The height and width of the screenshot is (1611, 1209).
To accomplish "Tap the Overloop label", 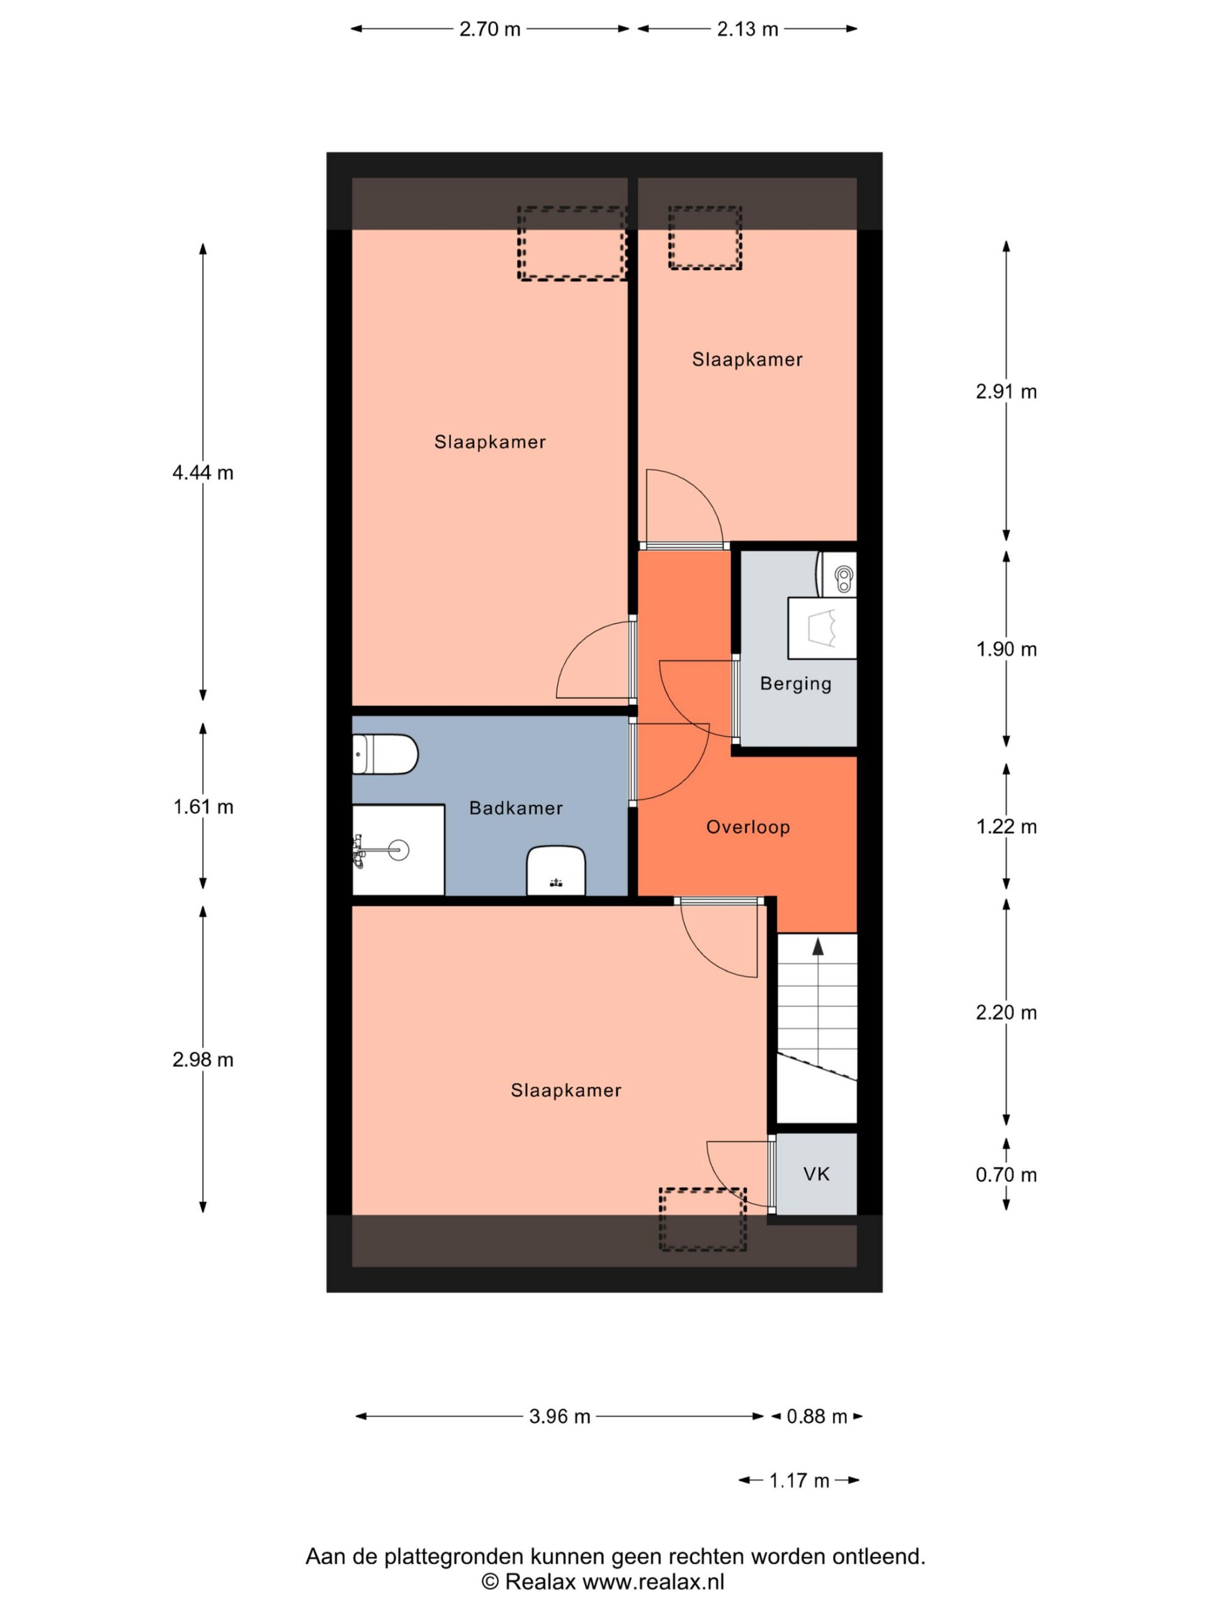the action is point(747,827).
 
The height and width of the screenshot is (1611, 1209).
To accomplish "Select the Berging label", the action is point(796,684).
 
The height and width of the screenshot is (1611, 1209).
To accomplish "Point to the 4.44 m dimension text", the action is point(203,473).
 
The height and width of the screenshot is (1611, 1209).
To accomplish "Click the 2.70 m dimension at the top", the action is point(490,29).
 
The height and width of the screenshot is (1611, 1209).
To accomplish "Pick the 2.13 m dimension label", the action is point(747,29).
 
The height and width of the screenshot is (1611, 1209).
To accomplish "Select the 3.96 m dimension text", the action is point(560,1416).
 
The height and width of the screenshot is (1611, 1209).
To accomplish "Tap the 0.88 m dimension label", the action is point(817,1416).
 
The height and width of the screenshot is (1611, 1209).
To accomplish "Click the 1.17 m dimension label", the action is point(800,1480).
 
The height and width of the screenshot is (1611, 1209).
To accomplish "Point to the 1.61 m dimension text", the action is point(203,807).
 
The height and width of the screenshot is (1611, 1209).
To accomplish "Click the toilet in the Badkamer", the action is point(385,755).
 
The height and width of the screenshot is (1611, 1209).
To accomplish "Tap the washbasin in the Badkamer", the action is point(556,870).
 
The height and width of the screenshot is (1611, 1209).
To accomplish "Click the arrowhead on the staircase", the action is point(818,946).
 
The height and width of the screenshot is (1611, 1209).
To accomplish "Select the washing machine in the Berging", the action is point(822,628).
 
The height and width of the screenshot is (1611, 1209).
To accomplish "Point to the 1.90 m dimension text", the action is point(1006,649).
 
